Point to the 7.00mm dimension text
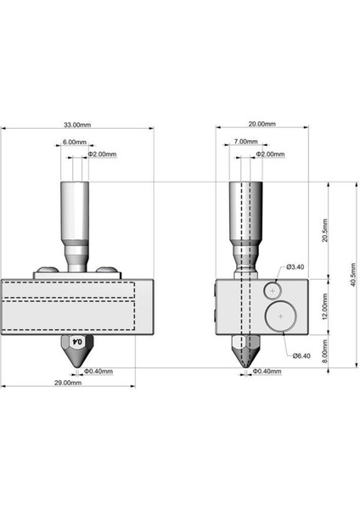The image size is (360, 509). pos(246,143)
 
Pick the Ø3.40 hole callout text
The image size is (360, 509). pos(295,267)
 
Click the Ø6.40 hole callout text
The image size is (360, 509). pos(301,356)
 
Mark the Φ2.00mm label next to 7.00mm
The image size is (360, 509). pos(271,155)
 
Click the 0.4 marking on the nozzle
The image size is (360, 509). pos(77,341)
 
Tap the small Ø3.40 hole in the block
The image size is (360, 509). pos(273,290)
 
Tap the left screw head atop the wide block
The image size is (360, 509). pos(47,271)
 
